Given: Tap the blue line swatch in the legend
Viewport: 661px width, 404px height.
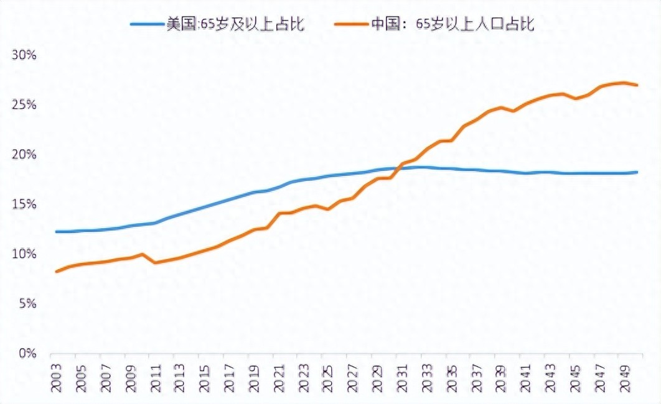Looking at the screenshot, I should (147, 24).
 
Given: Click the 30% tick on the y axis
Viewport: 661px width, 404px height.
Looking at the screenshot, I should (25, 55).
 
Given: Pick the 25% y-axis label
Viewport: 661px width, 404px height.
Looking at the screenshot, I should (25, 105).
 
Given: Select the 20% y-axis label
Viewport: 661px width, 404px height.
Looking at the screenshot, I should (25, 155).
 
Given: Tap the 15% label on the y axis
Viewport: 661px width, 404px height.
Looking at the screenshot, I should (25, 204).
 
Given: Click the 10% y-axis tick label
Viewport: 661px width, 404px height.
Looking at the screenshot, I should (25, 254).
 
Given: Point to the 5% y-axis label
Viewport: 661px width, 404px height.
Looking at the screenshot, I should (28, 304).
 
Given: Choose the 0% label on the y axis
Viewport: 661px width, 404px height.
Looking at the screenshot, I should (28, 354).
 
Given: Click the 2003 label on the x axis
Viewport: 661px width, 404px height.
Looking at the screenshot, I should (56, 379).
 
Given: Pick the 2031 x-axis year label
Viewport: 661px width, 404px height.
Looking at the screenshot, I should (403, 379).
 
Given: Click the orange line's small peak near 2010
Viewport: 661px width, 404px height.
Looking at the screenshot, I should (143, 254).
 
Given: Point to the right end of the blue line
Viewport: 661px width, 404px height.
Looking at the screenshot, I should (637, 172).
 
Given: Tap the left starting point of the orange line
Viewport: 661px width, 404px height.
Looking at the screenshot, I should (56, 272).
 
